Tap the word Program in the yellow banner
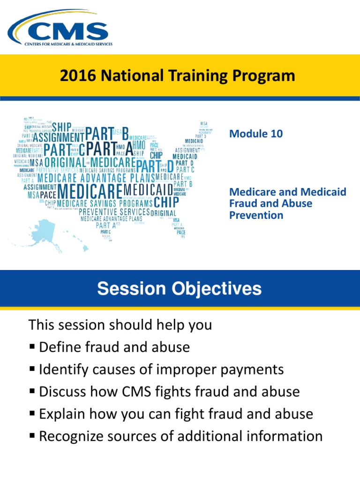tap(265, 76)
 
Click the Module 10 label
tap(255, 134)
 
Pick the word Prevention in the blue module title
tap(256, 216)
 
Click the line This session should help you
tap(120, 325)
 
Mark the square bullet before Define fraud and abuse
tap(32, 347)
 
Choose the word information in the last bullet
tap(285, 436)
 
